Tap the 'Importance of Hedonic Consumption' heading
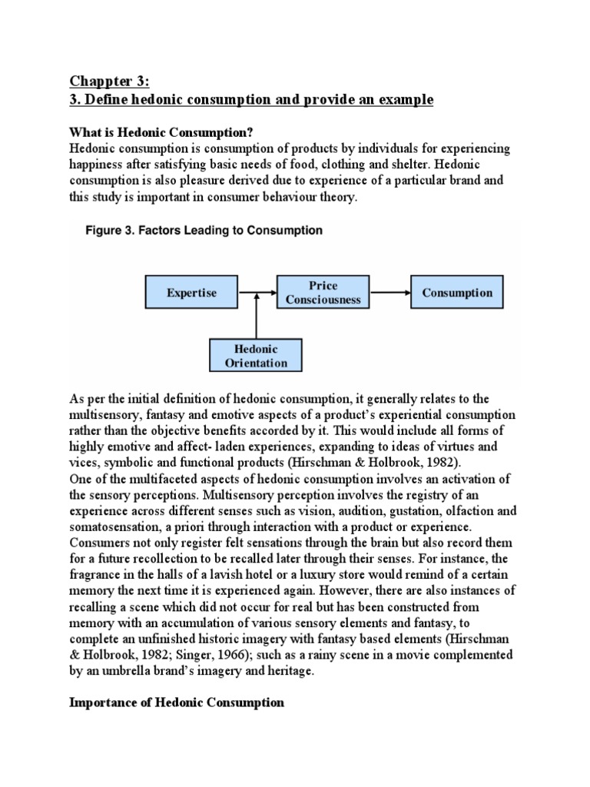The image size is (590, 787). click(177, 702)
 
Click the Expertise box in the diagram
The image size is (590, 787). click(191, 293)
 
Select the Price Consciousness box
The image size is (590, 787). click(323, 293)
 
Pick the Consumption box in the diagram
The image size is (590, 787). click(457, 293)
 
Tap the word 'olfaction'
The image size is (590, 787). click(465, 511)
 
